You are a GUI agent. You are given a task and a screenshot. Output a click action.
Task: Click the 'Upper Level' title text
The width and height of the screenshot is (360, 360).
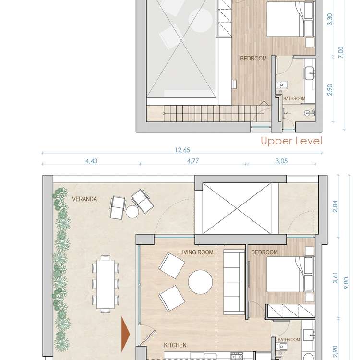click(x=290, y=141)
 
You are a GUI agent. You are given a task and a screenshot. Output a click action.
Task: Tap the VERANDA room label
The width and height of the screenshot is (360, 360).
click(x=84, y=198)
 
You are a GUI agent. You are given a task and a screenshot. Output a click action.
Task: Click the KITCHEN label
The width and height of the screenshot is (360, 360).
click(x=175, y=345)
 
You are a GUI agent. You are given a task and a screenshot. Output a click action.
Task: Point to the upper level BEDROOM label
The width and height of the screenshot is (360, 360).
click(x=253, y=59)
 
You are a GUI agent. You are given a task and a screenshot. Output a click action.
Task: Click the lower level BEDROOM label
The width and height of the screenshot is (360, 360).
click(x=264, y=252)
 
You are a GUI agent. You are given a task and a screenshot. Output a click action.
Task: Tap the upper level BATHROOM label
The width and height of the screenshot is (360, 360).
click(x=294, y=99)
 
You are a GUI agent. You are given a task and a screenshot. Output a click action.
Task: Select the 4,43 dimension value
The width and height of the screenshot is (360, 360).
click(x=91, y=162)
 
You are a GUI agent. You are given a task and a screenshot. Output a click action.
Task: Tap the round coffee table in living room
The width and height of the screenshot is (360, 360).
click(x=200, y=282)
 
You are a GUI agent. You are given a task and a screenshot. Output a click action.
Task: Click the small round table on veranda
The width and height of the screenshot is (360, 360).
click(x=132, y=211)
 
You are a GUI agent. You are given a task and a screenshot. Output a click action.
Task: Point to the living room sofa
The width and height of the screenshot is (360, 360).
click(x=235, y=274)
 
